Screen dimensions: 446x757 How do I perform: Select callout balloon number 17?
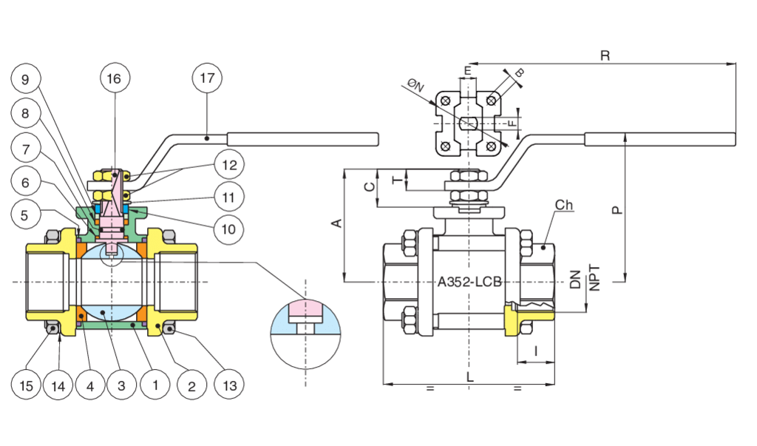(x=207, y=78)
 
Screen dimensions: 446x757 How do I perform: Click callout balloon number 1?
(x=155, y=385)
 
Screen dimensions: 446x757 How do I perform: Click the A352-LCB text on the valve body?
(x=469, y=282)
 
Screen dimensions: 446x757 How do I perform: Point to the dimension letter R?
(x=605, y=56)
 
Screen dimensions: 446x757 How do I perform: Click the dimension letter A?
(x=336, y=223)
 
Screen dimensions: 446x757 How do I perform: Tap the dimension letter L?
(x=470, y=377)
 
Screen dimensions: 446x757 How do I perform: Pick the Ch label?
(x=565, y=205)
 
